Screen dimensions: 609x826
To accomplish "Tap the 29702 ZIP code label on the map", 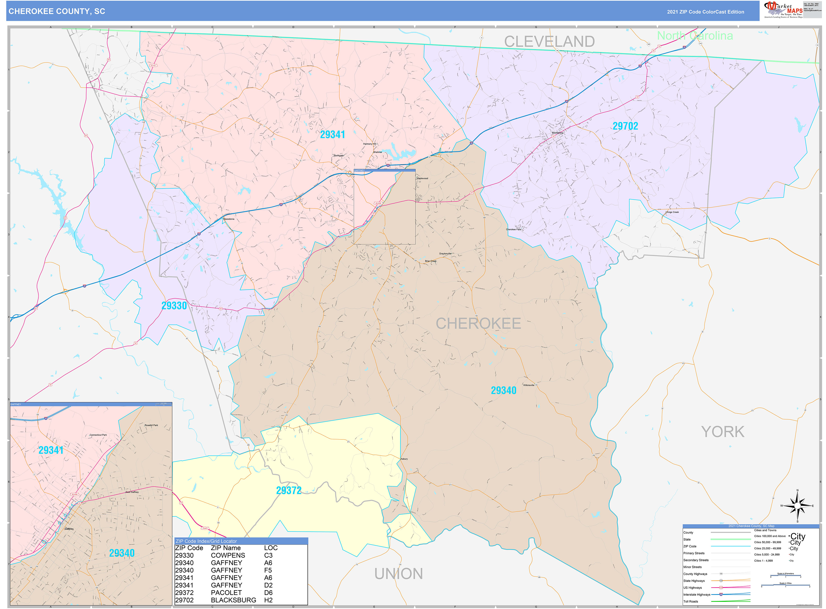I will point(625,126).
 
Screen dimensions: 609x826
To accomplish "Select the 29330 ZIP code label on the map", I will point(174,306).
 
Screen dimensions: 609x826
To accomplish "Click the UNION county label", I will point(398,574).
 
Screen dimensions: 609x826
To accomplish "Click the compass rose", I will point(797,506).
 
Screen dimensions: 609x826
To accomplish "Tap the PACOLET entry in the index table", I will point(226,592).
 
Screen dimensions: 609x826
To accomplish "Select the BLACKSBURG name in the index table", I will point(233,600).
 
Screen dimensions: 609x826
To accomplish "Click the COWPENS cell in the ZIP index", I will point(228,555).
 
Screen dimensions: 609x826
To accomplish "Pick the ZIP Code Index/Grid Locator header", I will point(206,541).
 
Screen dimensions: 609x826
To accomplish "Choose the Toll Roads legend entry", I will point(690,601).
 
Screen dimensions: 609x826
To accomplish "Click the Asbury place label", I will point(404,459).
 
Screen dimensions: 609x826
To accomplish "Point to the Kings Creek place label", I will point(672,212).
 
